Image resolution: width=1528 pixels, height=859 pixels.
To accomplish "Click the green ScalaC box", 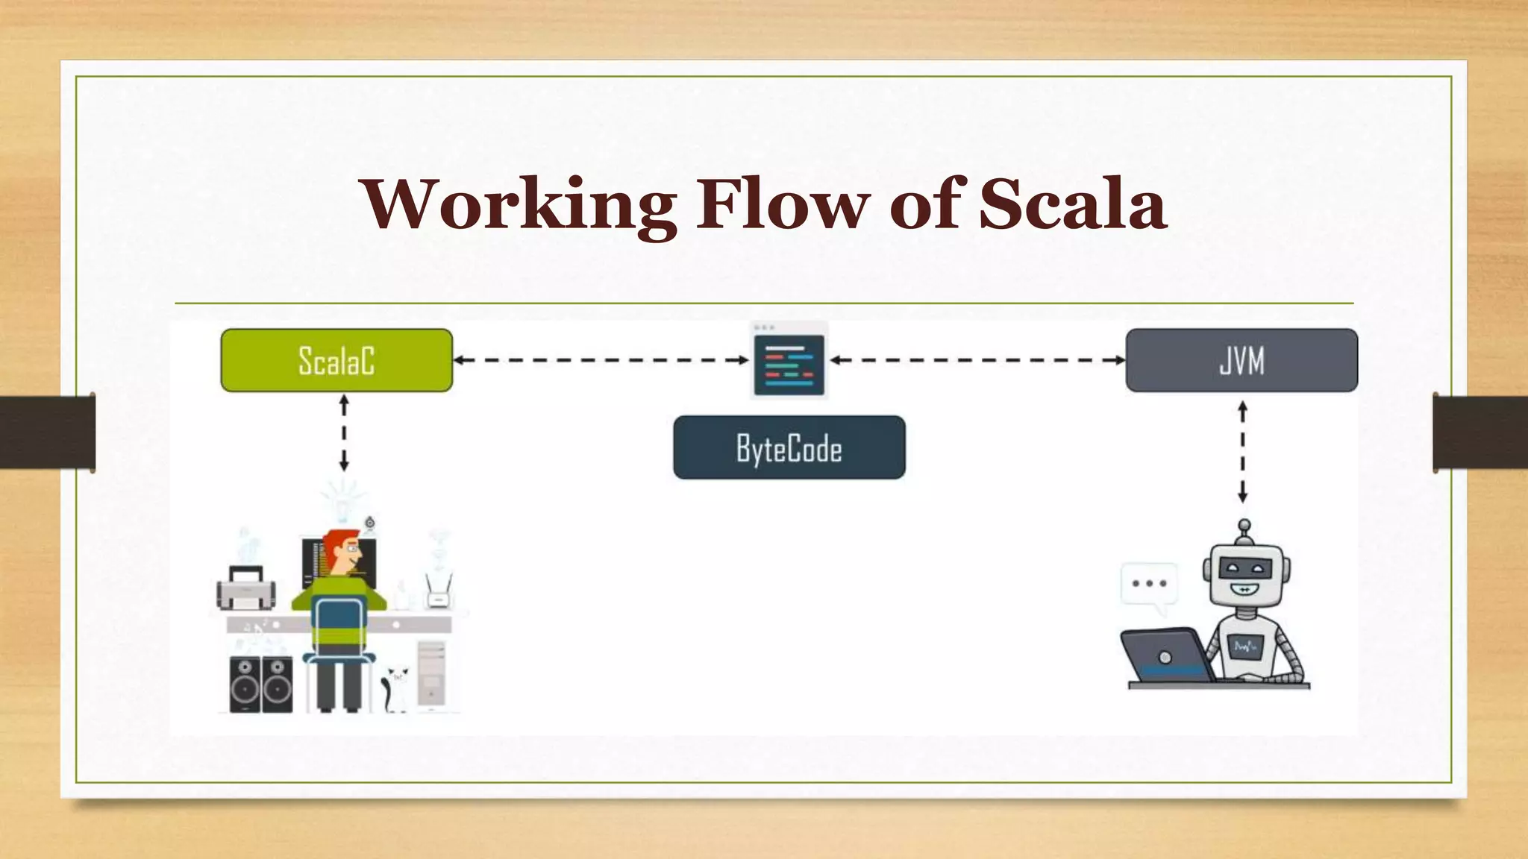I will pyautogui.click(x=336, y=360).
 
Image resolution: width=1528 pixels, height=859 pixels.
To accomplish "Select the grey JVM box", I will pyautogui.click(x=1241, y=360).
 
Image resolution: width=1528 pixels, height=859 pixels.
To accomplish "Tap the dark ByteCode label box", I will pyautogui.click(x=789, y=447).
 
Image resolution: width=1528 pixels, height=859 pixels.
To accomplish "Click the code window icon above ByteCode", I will pyautogui.click(x=789, y=362).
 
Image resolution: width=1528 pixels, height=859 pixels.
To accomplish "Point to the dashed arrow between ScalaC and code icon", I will pyautogui.click(x=601, y=360).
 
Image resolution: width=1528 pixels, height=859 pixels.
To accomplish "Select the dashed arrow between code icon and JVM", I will pyautogui.click(x=977, y=360).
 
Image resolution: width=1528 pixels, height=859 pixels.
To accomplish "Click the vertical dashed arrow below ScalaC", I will pyautogui.click(x=344, y=433).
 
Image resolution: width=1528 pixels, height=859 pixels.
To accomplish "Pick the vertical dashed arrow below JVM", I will pyautogui.click(x=1242, y=452).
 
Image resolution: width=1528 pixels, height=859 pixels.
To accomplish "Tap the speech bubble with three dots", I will pyautogui.click(x=1149, y=585).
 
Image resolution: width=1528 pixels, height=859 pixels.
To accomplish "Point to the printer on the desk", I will pyautogui.click(x=245, y=588).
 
